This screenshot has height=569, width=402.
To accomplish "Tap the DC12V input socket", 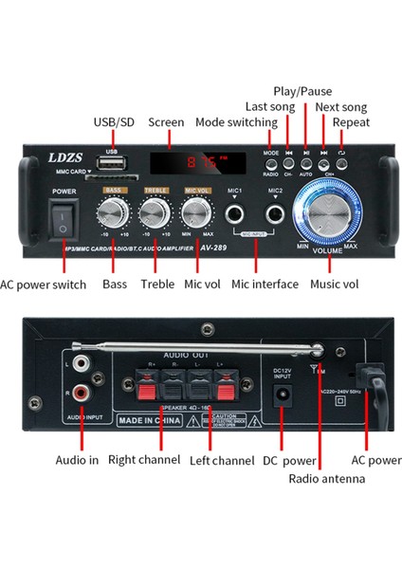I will point(281,399).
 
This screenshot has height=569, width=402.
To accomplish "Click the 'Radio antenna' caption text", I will point(328,478).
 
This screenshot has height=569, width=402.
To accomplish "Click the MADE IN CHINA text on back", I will point(148,418).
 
